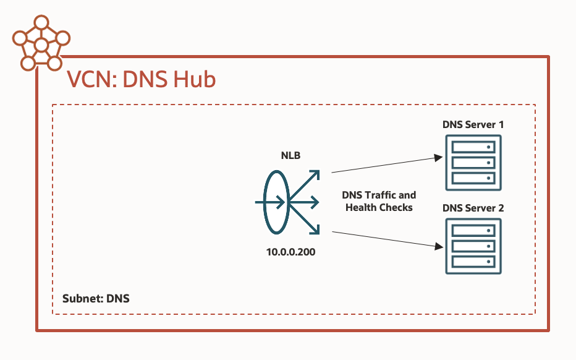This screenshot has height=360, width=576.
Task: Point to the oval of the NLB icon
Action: click(x=276, y=202)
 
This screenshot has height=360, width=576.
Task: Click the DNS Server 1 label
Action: click(x=473, y=124)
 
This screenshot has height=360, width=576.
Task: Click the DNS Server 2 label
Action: click(x=473, y=208)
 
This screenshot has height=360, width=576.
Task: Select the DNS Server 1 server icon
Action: click(x=473, y=163)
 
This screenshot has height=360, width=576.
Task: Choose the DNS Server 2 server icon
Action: click(x=473, y=246)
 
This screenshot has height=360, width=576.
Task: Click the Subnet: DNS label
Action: click(x=96, y=298)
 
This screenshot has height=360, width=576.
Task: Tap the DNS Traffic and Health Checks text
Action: click(x=379, y=202)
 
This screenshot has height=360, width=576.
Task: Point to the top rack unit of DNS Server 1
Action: click(x=473, y=148)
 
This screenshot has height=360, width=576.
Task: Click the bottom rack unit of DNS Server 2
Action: click(x=473, y=261)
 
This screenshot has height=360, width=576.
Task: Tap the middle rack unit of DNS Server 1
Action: click(x=473, y=163)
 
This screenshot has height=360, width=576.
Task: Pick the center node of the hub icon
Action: click(x=41, y=45)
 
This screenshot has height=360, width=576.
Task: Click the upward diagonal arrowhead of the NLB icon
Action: click(x=315, y=175)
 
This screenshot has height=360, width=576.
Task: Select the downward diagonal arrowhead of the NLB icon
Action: click(x=315, y=230)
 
